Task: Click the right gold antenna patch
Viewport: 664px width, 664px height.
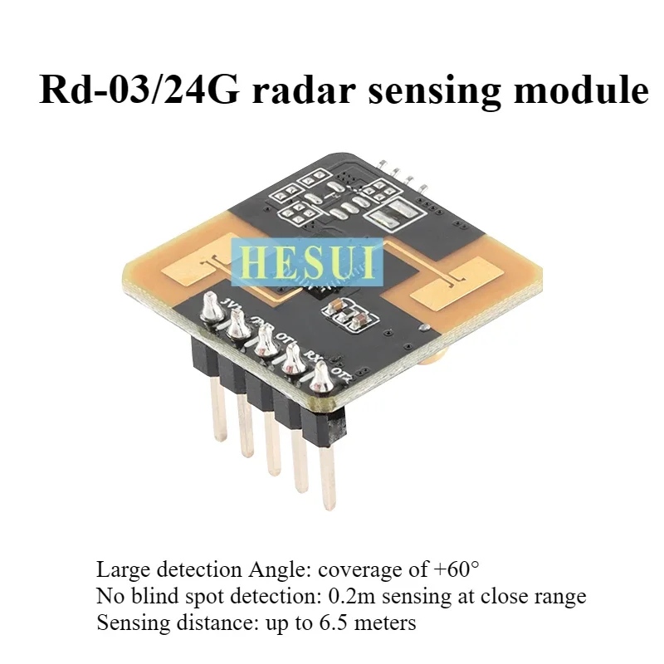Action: tap(461, 283)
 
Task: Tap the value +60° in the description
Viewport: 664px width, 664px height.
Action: tap(456, 570)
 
